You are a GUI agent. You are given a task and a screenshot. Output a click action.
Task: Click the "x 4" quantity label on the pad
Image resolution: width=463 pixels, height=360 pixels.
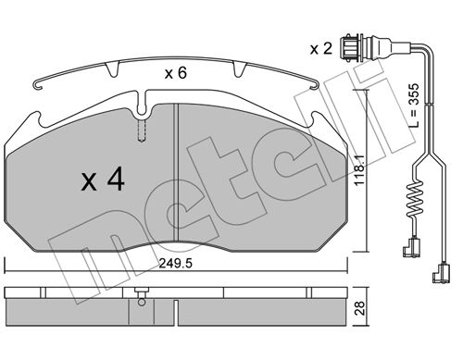tap(103, 180)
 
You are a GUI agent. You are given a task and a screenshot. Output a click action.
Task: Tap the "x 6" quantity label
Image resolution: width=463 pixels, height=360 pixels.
tap(175, 73)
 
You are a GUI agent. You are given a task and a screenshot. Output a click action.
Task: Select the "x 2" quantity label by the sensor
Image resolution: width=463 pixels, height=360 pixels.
tap(321, 49)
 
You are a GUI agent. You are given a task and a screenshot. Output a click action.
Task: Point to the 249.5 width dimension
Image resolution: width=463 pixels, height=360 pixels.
tap(176, 263)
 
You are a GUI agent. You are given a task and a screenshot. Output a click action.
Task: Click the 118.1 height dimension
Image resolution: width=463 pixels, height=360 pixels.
tap(360, 170)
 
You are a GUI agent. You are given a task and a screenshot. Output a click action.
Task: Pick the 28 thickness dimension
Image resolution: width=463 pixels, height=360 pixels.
tap(360, 308)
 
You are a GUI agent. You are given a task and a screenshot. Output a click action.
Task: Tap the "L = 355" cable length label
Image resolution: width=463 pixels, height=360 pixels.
tap(414, 106)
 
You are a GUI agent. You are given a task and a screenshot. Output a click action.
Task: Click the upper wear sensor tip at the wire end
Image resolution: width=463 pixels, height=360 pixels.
tap(411, 248)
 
